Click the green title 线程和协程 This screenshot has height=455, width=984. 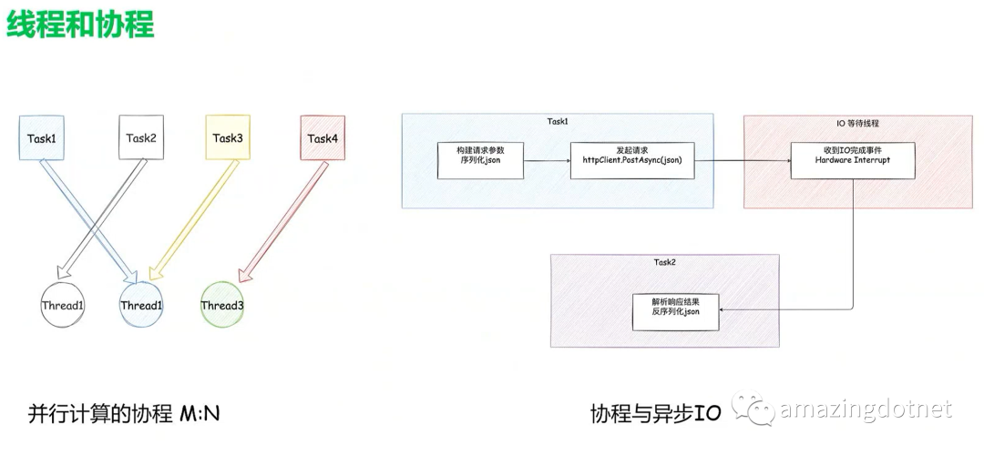tap(80, 25)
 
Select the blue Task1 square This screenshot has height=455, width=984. tap(42, 138)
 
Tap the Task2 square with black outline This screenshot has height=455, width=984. tap(141, 138)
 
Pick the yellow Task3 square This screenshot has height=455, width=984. tap(228, 138)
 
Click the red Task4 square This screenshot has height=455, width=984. tap(323, 138)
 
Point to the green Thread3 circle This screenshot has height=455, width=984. tap(222, 305)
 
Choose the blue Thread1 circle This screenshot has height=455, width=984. tap(141, 305)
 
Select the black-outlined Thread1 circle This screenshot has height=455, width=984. tap(63, 305)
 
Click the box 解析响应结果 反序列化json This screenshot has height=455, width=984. tap(675, 311)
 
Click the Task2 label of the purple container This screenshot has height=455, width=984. tap(665, 262)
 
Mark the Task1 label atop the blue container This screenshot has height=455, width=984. tap(558, 121)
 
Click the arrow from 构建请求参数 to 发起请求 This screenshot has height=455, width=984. tap(547, 161)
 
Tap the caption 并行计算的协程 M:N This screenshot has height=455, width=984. tap(125, 415)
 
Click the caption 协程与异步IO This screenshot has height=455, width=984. tap(655, 415)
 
